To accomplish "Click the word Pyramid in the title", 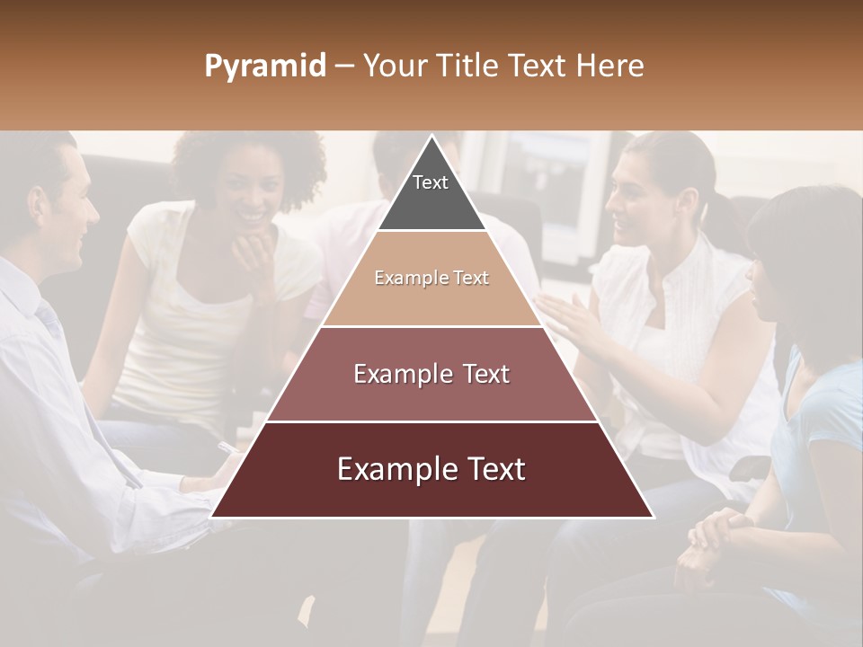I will click(x=264, y=66).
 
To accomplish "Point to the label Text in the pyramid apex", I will click(x=431, y=182).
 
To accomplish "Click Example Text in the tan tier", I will click(x=431, y=278).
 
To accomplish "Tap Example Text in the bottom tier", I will click(x=431, y=469).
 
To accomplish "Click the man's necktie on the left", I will click(x=49, y=319).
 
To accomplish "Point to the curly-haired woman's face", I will click(x=245, y=193).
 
